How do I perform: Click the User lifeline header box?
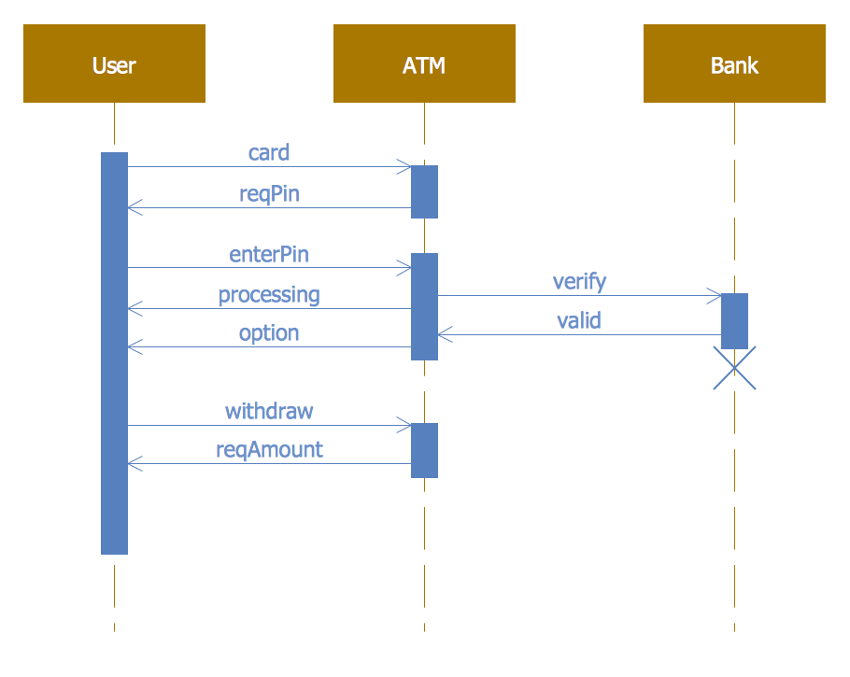[114, 63]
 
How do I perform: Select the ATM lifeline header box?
[424, 63]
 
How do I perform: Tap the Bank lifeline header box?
[734, 63]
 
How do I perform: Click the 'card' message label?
[269, 152]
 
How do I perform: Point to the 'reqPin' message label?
[269, 193]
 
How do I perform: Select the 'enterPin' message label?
[269, 254]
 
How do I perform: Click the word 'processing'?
[269, 295]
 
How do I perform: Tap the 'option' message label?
[269, 333]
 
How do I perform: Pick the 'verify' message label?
[579, 281]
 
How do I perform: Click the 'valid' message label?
[579, 321]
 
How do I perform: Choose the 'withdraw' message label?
[269, 411]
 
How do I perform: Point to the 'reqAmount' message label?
[269, 449]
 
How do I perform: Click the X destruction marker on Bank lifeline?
[734, 368]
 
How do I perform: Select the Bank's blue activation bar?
[734, 320]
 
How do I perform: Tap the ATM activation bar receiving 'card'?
[424, 191]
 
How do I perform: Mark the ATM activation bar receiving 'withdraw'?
[424, 450]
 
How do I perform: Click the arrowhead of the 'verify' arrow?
[715, 296]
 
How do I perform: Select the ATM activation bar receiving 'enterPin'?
[424, 306]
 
